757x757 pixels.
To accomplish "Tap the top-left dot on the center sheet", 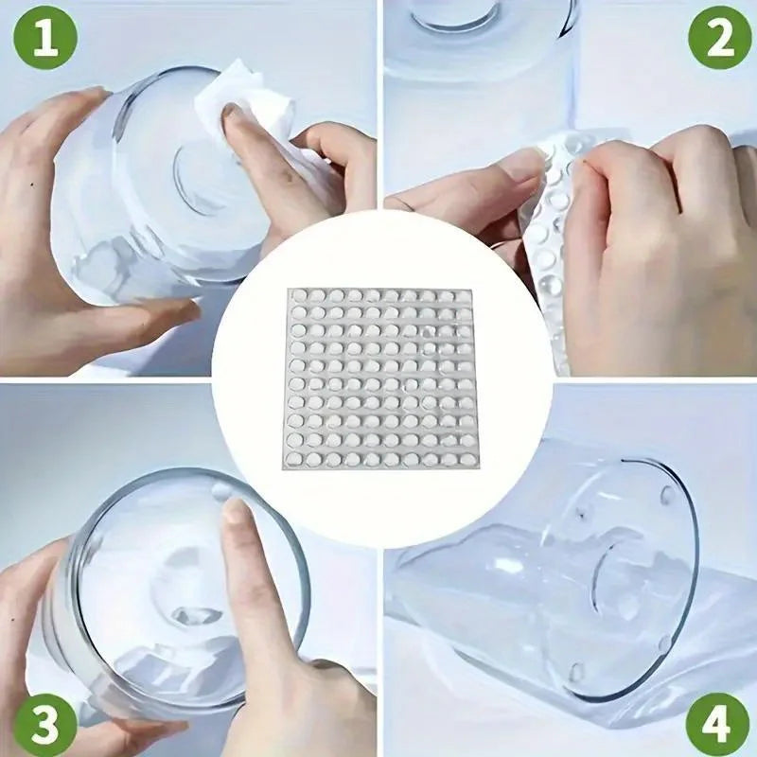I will pyautogui.click(x=298, y=297).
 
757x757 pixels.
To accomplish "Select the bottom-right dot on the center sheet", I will pyautogui.click(x=462, y=459).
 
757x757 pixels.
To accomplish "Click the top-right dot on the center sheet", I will pyautogui.click(x=462, y=297).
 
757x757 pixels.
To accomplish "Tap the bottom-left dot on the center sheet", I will pyautogui.click(x=298, y=459).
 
